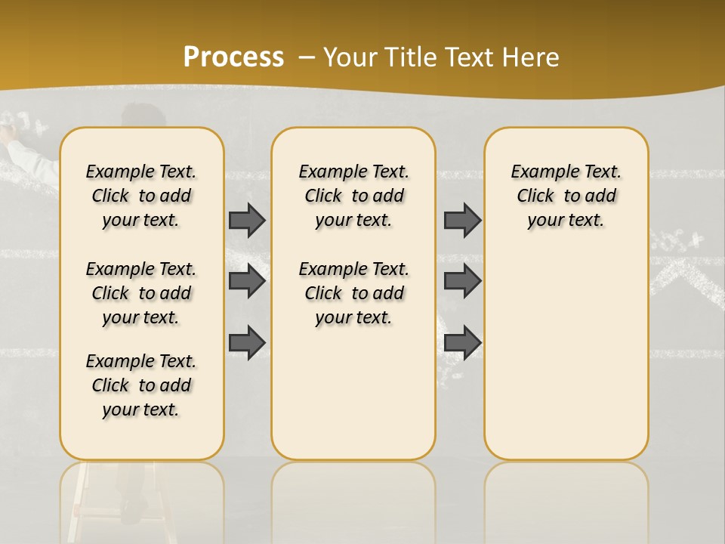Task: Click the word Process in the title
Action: pyautogui.click(x=233, y=57)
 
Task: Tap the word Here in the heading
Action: pyautogui.click(x=532, y=57)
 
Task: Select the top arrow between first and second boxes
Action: pyautogui.click(x=247, y=220)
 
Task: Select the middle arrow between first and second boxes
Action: pyautogui.click(x=247, y=281)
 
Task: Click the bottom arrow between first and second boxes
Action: pyautogui.click(x=247, y=342)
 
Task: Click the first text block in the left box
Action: pyautogui.click(x=141, y=196)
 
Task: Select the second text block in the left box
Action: pyautogui.click(x=141, y=293)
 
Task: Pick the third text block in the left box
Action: pyautogui.click(x=141, y=385)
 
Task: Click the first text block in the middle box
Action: pyautogui.click(x=353, y=196)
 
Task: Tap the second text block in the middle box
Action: pyautogui.click(x=353, y=293)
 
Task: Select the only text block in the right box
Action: pyautogui.click(x=566, y=196)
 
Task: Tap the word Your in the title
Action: pyautogui.click(x=347, y=57)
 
